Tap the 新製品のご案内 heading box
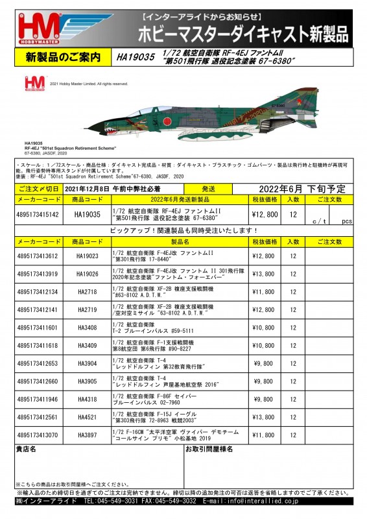click(63, 58)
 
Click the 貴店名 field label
click(27, 449)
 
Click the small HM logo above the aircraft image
click(34, 83)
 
